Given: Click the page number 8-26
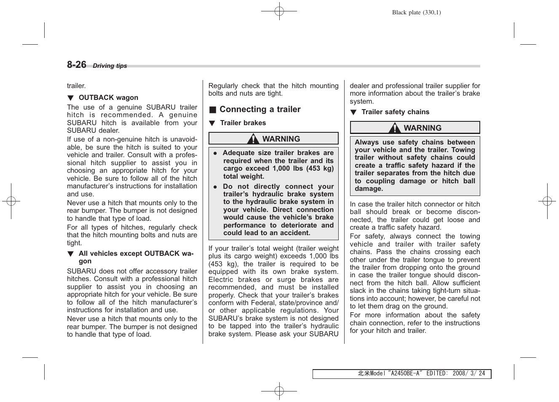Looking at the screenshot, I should pyautogui.click(x=76, y=64).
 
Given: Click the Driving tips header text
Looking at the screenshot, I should pyautogui.click(x=110, y=66).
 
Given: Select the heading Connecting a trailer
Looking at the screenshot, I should pyautogui.click(x=260, y=110).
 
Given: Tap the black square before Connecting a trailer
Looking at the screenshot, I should pyautogui.click(x=213, y=110).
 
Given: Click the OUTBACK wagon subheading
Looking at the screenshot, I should pyautogui.click(x=108, y=97).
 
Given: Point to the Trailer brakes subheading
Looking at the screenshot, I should pyautogui.click(x=243, y=123).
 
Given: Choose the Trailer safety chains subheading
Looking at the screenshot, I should pyautogui.click(x=395, y=112).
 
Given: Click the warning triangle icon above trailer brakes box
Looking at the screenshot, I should pyautogui.click(x=253, y=139).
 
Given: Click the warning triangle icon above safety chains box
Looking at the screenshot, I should pyautogui.click(x=395, y=128).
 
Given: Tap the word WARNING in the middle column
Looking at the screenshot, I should pyautogui.click(x=281, y=139).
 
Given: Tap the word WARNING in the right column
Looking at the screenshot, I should pyautogui.click(x=423, y=128).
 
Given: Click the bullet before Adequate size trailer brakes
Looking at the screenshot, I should pyautogui.click(x=215, y=153).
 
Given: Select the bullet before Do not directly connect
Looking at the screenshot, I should pyautogui.click(x=215, y=187).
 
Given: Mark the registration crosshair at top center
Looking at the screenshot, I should pyautogui.click(x=279, y=11).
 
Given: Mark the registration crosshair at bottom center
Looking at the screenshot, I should pyautogui.click(x=279, y=391).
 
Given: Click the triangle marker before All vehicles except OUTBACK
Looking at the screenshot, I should pyautogui.click(x=70, y=254).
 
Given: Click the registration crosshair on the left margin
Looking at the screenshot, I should pyautogui.click(x=11, y=201).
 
